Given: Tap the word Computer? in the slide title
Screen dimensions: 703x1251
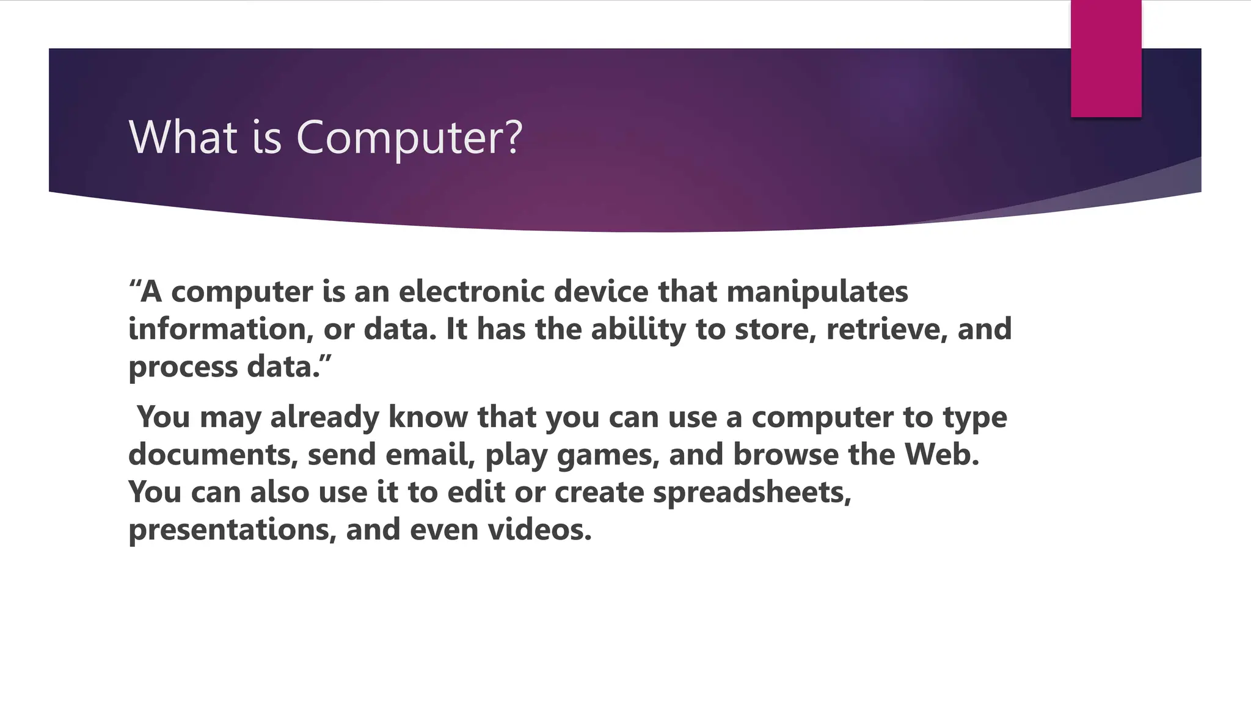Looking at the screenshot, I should point(409,138).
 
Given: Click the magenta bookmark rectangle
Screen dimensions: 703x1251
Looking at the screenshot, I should point(1106,59).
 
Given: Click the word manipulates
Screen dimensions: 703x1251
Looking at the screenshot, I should point(817,292).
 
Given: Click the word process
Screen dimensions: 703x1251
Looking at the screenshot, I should point(183,367).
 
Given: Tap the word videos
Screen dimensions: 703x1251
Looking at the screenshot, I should point(539,529).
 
